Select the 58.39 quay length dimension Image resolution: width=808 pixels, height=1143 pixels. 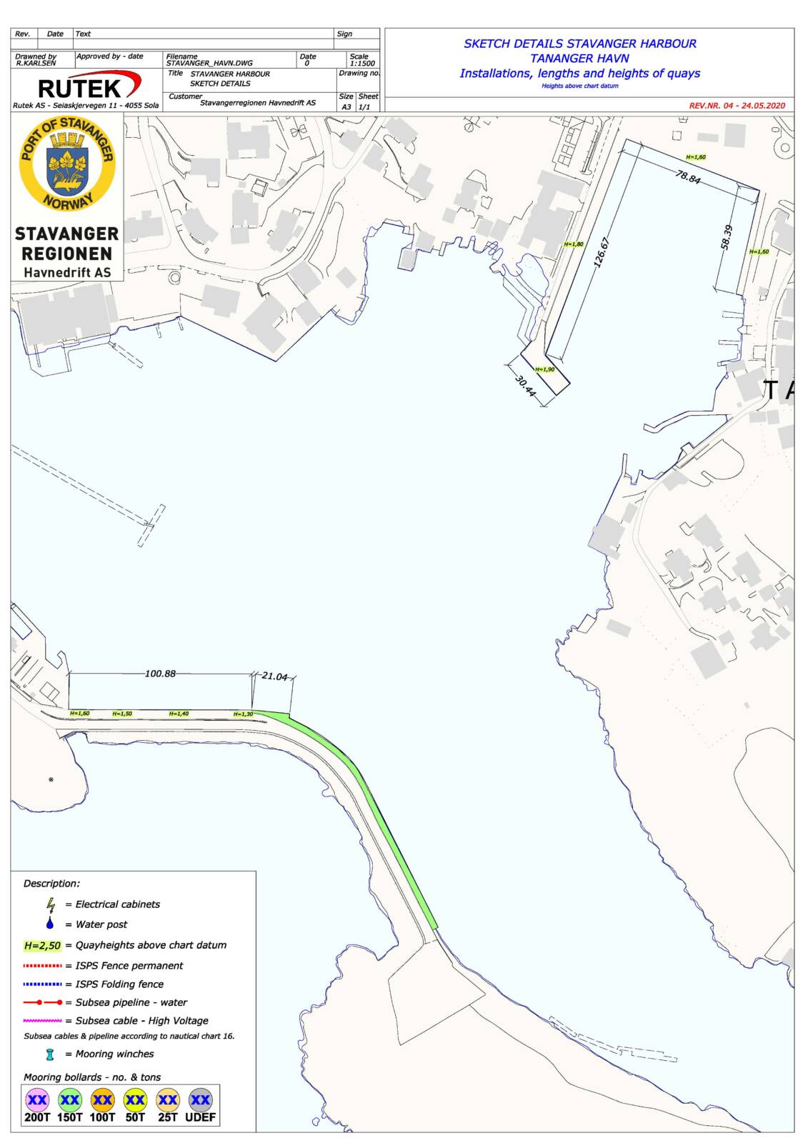727,237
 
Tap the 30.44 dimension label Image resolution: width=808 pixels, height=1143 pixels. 525,386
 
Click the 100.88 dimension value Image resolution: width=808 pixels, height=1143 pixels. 160,673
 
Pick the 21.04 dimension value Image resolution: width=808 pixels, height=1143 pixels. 274,676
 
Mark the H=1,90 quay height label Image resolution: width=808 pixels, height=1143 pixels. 544,369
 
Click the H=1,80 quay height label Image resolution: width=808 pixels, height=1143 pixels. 574,244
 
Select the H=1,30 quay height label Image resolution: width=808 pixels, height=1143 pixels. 243,714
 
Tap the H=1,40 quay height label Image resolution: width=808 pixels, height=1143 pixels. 179,714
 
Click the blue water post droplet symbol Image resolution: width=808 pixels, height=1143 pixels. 50,924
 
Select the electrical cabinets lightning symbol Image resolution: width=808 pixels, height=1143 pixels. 51,904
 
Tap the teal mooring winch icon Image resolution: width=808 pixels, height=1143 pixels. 50,1054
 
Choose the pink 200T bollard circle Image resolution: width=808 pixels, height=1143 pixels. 37,1100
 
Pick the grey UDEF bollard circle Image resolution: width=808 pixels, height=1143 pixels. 200,1100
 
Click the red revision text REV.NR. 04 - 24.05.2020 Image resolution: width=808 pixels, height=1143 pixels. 737,105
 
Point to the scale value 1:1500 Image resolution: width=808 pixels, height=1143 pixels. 361,63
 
